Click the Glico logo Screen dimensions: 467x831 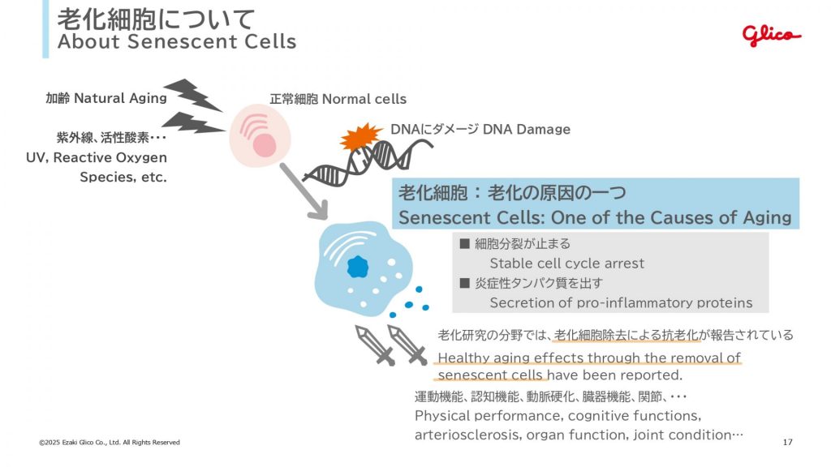click(771, 35)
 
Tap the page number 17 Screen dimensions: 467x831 click(787, 442)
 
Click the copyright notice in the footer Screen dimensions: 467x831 click(110, 442)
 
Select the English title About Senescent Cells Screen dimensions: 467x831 click(177, 41)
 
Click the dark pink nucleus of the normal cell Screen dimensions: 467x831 click(265, 145)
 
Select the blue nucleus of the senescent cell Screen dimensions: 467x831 click(357, 265)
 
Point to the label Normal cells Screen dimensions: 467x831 click(364, 99)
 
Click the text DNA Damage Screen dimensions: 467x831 click(527, 129)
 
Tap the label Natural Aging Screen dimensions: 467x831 click(120, 98)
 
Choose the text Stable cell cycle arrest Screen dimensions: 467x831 click(566, 263)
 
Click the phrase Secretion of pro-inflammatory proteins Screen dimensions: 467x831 click(621, 302)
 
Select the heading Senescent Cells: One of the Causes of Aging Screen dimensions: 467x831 click(594, 217)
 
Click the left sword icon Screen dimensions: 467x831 click(373, 345)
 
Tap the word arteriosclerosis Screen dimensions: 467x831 click(467, 435)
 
